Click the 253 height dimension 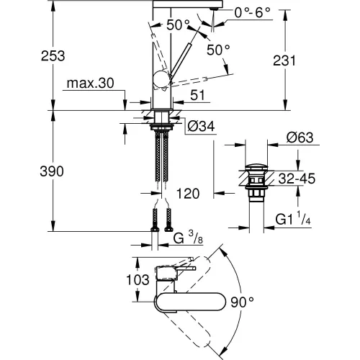point(53,56)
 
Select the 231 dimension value point(284,60)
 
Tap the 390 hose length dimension point(52,171)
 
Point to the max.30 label point(90,84)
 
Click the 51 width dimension point(198,95)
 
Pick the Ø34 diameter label point(201,126)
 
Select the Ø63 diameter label point(300,138)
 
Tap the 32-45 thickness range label point(297,179)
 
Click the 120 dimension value point(188,194)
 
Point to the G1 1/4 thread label point(293,218)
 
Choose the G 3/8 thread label point(188,238)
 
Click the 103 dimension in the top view point(138,280)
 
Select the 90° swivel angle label point(242,302)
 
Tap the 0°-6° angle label point(252,12)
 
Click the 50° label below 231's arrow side point(218,50)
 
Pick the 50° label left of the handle point(178,24)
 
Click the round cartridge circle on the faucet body point(161,79)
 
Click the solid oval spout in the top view point(189,301)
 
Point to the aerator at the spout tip point(214,9)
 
